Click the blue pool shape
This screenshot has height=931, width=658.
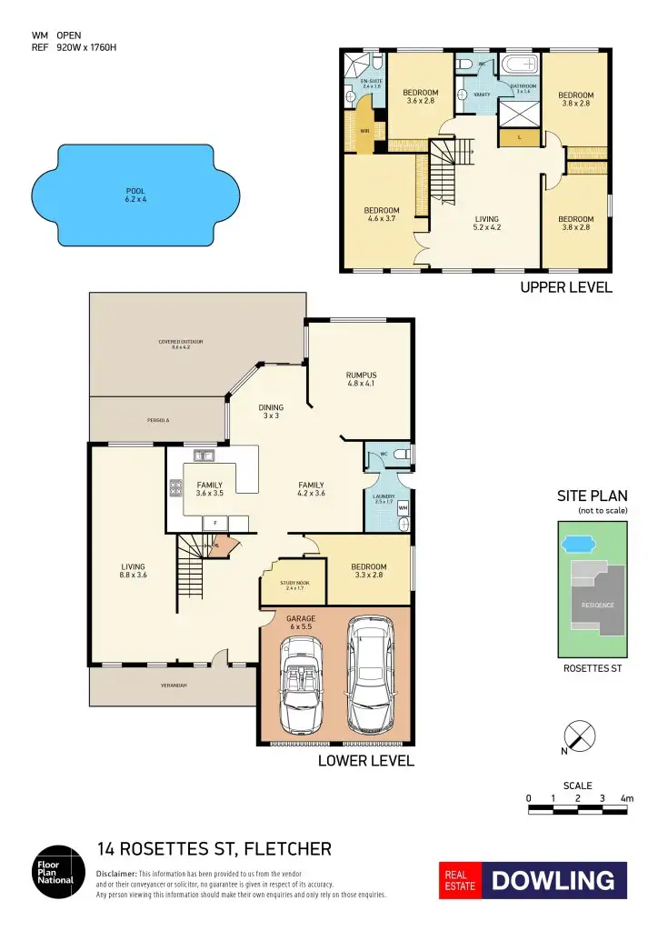pos(135,195)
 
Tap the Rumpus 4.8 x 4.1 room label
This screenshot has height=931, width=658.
pos(361,379)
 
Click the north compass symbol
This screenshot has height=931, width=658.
pos(582,736)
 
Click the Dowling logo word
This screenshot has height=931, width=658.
pos(553,881)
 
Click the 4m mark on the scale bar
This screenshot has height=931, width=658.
pos(626,797)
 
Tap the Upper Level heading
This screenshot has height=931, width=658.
pos(565,288)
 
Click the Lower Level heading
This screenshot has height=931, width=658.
pos(365,760)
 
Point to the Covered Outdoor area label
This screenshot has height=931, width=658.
pos(181,344)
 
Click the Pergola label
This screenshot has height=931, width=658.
pos(159,421)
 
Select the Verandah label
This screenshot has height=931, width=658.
pos(174,685)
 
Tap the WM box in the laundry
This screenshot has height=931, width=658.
pos(403,507)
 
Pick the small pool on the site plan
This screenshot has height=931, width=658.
pos(574,545)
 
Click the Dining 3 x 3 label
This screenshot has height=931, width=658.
pos(271,411)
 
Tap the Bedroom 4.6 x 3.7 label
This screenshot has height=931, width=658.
pos(382,215)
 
